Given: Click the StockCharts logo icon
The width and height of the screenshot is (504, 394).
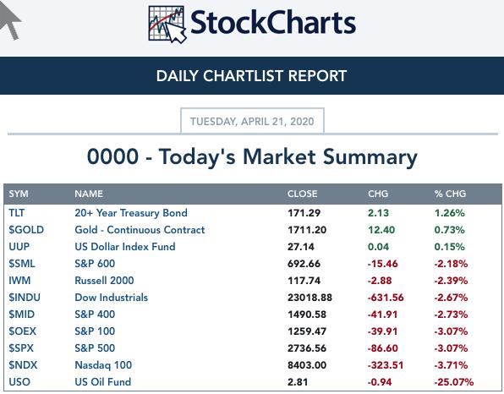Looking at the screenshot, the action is pyautogui.click(x=167, y=25).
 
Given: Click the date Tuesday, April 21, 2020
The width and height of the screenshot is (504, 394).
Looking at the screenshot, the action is pyautogui.click(x=252, y=122).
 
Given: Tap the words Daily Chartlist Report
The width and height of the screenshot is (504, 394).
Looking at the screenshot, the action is pyautogui.click(x=252, y=76).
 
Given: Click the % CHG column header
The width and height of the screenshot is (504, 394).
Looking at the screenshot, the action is pyautogui.click(x=450, y=194).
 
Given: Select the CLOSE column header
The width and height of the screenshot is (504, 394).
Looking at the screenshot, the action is pyautogui.click(x=302, y=194).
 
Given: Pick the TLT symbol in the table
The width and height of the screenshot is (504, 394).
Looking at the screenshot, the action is pyautogui.click(x=17, y=213).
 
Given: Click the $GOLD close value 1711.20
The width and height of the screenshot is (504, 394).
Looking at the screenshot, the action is pyautogui.click(x=307, y=230).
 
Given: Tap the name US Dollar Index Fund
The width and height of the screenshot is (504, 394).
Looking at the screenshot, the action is pyautogui.click(x=125, y=247).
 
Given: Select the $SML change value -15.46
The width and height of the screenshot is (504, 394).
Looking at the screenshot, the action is pyautogui.click(x=382, y=264).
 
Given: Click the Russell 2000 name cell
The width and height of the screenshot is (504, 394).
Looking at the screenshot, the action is pyautogui.click(x=104, y=280).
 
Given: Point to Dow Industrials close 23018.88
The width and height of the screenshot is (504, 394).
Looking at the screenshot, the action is pyautogui.click(x=310, y=298).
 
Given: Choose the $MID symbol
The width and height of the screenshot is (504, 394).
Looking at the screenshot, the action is pyautogui.click(x=21, y=314).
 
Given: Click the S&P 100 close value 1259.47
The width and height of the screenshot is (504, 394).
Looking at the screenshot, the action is pyautogui.click(x=307, y=331).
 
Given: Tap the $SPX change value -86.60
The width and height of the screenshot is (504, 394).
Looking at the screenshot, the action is pyautogui.click(x=382, y=348).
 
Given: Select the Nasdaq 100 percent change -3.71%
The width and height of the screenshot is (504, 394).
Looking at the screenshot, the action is pyautogui.click(x=451, y=365).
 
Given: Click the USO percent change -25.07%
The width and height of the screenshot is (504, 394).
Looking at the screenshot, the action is pyautogui.click(x=454, y=382).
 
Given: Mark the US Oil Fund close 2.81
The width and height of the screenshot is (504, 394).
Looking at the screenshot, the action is pyautogui.click(x=298, y=382).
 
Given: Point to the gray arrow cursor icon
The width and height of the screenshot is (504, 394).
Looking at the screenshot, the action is pyautogui.click(x=9, y=19).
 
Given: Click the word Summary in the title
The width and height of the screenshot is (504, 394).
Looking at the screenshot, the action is pyautogui.click(x=370, y=157).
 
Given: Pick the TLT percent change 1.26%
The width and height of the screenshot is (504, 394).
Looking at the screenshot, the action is pyautogui.click(x=450, y=213).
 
